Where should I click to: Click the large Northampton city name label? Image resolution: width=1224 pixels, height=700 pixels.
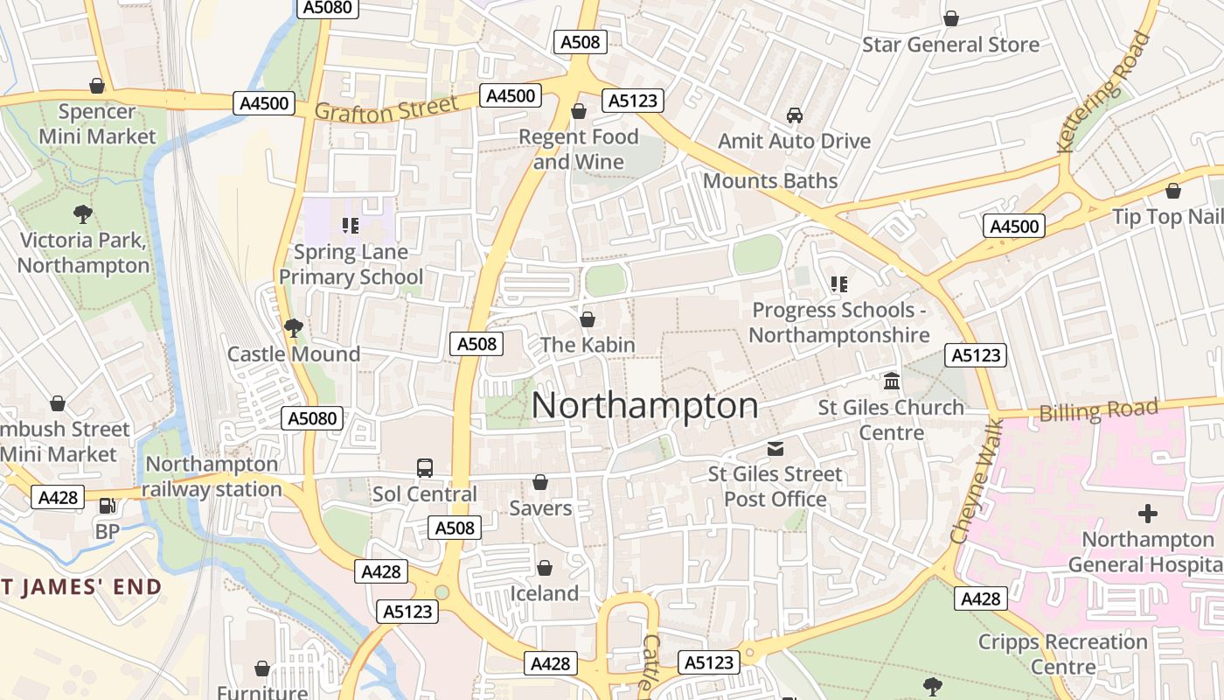click(644, 406)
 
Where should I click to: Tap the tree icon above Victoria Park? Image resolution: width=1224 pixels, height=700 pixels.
click(83, 213)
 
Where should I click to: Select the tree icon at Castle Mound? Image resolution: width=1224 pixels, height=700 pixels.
click(294, 328)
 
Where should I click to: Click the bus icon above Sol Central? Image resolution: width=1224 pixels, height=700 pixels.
click(425, 468)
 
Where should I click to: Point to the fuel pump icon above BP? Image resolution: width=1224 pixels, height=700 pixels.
click(107, 506)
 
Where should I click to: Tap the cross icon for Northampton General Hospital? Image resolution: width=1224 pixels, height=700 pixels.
click(1148, 514)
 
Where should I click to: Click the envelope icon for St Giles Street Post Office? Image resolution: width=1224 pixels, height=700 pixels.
click(775, 449)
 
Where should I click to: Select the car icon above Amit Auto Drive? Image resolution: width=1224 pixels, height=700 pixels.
click(794, 115)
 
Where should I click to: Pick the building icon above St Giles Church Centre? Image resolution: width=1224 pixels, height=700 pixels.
click(892, 381)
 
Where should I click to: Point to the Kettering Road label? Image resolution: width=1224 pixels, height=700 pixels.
click(1104, 92)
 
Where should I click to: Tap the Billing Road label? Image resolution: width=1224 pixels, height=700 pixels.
click(1098, 409)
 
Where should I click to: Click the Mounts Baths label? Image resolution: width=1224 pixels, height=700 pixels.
click(770, 181)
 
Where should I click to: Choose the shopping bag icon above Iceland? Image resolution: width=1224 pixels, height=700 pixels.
click(544, 569)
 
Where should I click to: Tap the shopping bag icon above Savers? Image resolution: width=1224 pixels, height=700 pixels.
click(540, 483)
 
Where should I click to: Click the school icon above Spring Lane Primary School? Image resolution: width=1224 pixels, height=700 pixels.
click(351, 227)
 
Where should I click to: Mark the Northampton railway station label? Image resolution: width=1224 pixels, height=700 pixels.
click(212, 477)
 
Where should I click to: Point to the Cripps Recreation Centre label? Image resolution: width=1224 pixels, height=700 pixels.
click(1062, 654)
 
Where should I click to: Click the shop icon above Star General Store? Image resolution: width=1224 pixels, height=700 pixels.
click(950, 18)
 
